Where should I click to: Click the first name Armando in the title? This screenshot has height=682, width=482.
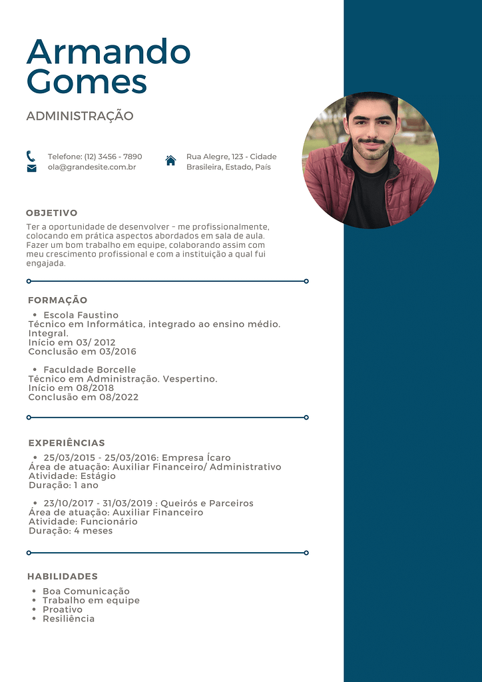pos(109,52)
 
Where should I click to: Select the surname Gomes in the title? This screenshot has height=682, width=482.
pos(87,81)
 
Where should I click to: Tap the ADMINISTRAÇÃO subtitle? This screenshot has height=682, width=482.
pos(80,116)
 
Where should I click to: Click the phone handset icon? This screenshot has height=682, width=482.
pos(31,156)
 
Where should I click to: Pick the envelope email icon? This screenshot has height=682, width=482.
pos(31,169)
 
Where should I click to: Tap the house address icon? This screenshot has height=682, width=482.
pos(170,161)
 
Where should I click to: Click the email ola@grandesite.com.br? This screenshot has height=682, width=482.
pos(92,167)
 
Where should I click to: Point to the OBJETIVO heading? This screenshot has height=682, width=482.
pos(52,213)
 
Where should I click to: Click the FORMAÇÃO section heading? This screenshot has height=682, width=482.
pos(58,300)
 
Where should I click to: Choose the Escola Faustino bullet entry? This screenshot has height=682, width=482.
pos(81,315)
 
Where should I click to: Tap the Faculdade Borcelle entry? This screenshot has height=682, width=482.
pos(89,370)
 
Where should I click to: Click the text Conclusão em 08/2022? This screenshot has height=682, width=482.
pos(83,397)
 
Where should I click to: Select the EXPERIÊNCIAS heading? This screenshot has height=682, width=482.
pos(67,443)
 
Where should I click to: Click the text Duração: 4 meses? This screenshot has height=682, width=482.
pos(71,531)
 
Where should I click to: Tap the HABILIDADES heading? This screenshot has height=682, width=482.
pos(63,576)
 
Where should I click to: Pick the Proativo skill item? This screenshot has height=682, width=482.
pos(63,609)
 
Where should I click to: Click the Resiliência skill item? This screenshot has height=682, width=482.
pos(69,619)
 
